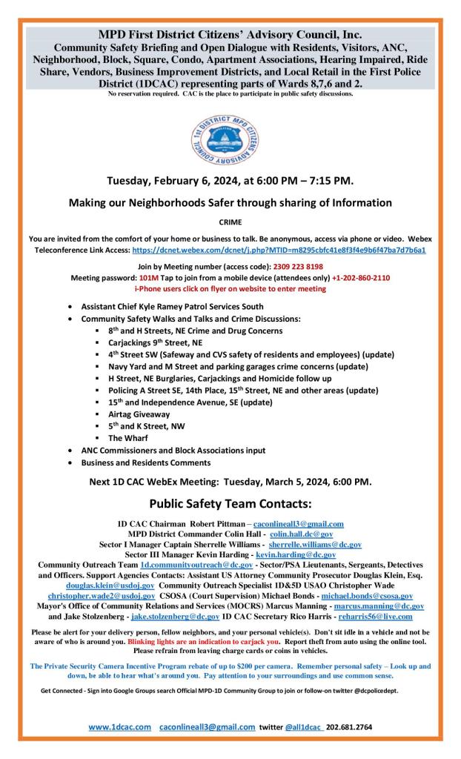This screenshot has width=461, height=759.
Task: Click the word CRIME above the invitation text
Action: [x=230, y=221]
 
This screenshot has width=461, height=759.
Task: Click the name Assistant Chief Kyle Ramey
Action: [x=138, y=306]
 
